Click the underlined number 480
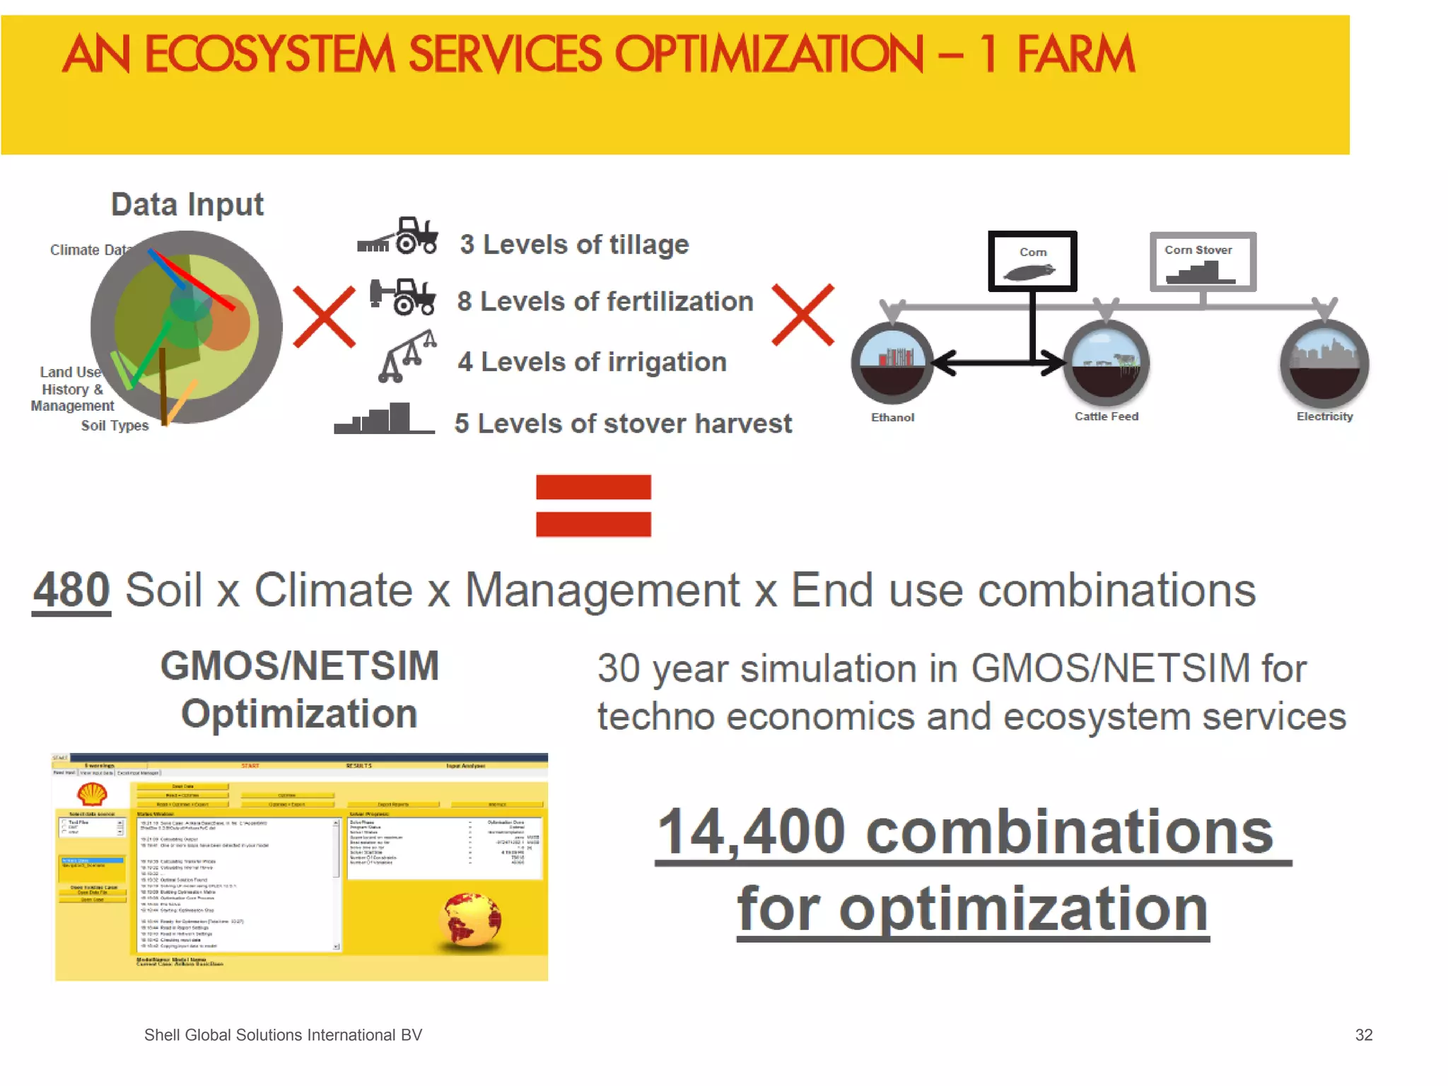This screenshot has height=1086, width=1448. [x=71, y=590]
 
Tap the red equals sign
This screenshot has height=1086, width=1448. [x=593, y=506]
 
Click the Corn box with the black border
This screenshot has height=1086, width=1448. [x=1032, y=261]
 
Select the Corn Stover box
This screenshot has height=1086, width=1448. [x=1202, y=262]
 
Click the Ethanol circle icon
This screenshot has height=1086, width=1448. [x=892, y=363]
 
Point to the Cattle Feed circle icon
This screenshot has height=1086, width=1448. [x=1106, y=363]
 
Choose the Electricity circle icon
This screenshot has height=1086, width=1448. [x=1324, y=363]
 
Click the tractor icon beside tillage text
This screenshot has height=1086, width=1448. [x=398, y=236]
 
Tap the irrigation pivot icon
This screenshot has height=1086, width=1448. [x=407, y=357]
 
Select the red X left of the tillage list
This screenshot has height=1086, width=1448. [x=324, y=317]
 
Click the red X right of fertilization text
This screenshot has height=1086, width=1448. [x=802, y=315]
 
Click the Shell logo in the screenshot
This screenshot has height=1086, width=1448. [x=92, y=794]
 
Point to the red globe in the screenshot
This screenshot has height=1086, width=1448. [x=469, y=919]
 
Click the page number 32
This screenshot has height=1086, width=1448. [x=1363, y=1035]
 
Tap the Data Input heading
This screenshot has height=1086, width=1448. [x=187, y=205]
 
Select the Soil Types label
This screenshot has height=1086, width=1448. [x=115, y=426]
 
